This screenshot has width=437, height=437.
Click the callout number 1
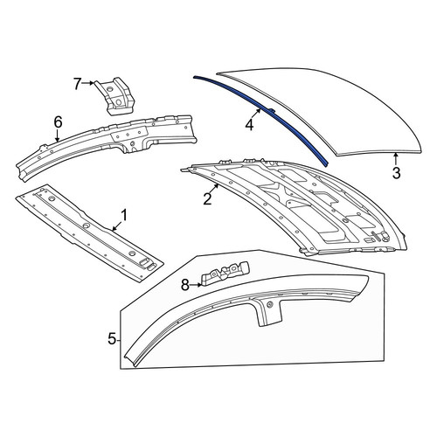(x=124, y=216)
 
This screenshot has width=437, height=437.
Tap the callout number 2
(x=207, y=199)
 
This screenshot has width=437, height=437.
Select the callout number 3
(x=396, y=173)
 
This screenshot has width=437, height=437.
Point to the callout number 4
(x=249, y=125)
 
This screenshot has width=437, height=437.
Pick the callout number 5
(x=112, y=339)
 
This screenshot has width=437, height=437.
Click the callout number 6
(x=59, y=122)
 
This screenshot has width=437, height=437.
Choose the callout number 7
(x=77, y=84)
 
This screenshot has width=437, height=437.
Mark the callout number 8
(x=185, y=285)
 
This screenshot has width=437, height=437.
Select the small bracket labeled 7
(x=114, y=96)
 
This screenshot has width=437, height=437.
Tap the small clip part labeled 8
(x=225, y=274)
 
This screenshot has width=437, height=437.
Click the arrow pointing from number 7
(x=88, y=83)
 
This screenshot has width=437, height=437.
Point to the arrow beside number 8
(x=196, y=285)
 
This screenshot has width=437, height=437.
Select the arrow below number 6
(x=58, y=135)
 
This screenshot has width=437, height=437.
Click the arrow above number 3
(x=396, y=159)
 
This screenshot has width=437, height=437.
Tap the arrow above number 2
(x=213, y=189)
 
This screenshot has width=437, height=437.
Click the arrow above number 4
(x=255, y=114)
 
